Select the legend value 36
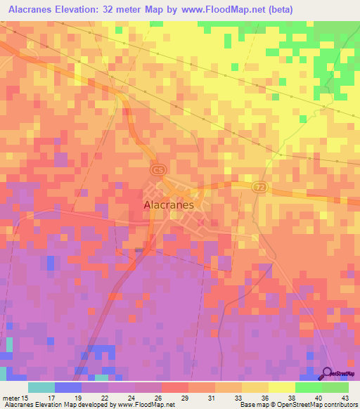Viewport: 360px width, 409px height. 255,397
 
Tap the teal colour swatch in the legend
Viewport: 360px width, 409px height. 41,387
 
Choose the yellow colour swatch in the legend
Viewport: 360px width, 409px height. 281,387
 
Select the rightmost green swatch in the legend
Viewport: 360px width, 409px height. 335,387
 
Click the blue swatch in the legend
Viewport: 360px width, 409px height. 68,387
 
